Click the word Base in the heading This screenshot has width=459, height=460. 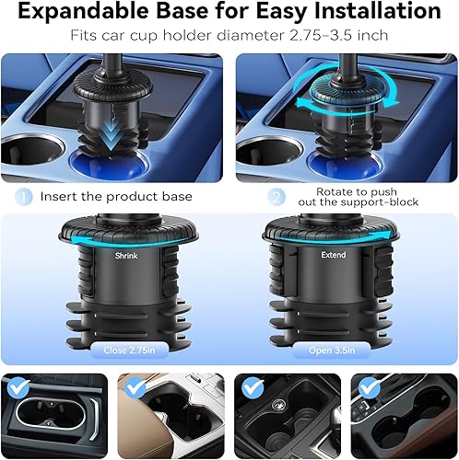[x=202, y=14]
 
